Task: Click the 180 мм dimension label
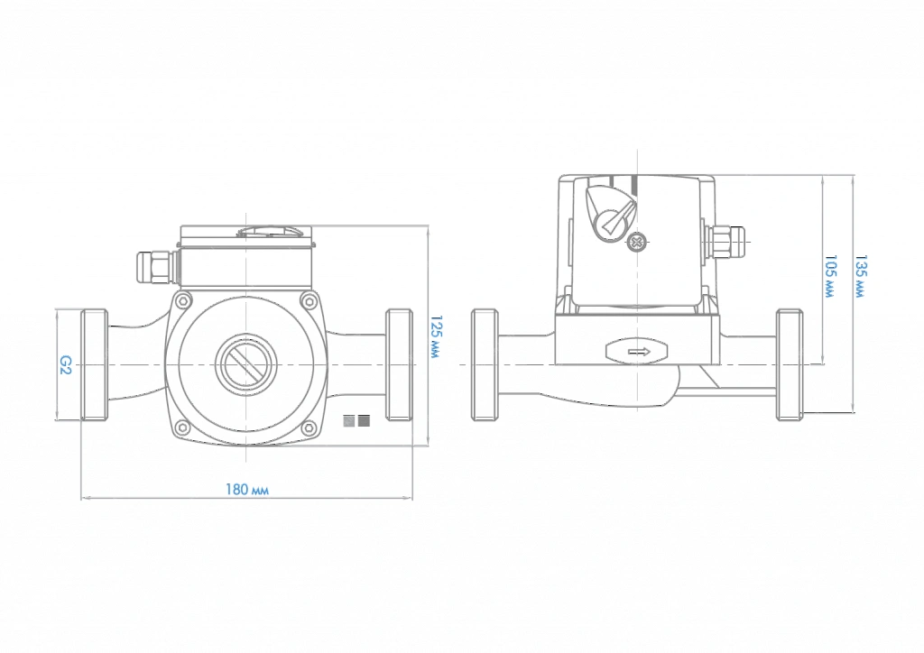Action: tap(247, 490)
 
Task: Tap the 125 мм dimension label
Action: tap(436, 337)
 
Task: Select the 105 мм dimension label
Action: tap(830, 277)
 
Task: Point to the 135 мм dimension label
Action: tap(861, 277)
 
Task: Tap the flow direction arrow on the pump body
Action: tap(638, 352)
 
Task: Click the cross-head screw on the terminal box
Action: tap(636, 242)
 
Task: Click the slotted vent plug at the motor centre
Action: tap(245, 365)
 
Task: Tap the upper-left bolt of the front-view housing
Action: tap(183, 301)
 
